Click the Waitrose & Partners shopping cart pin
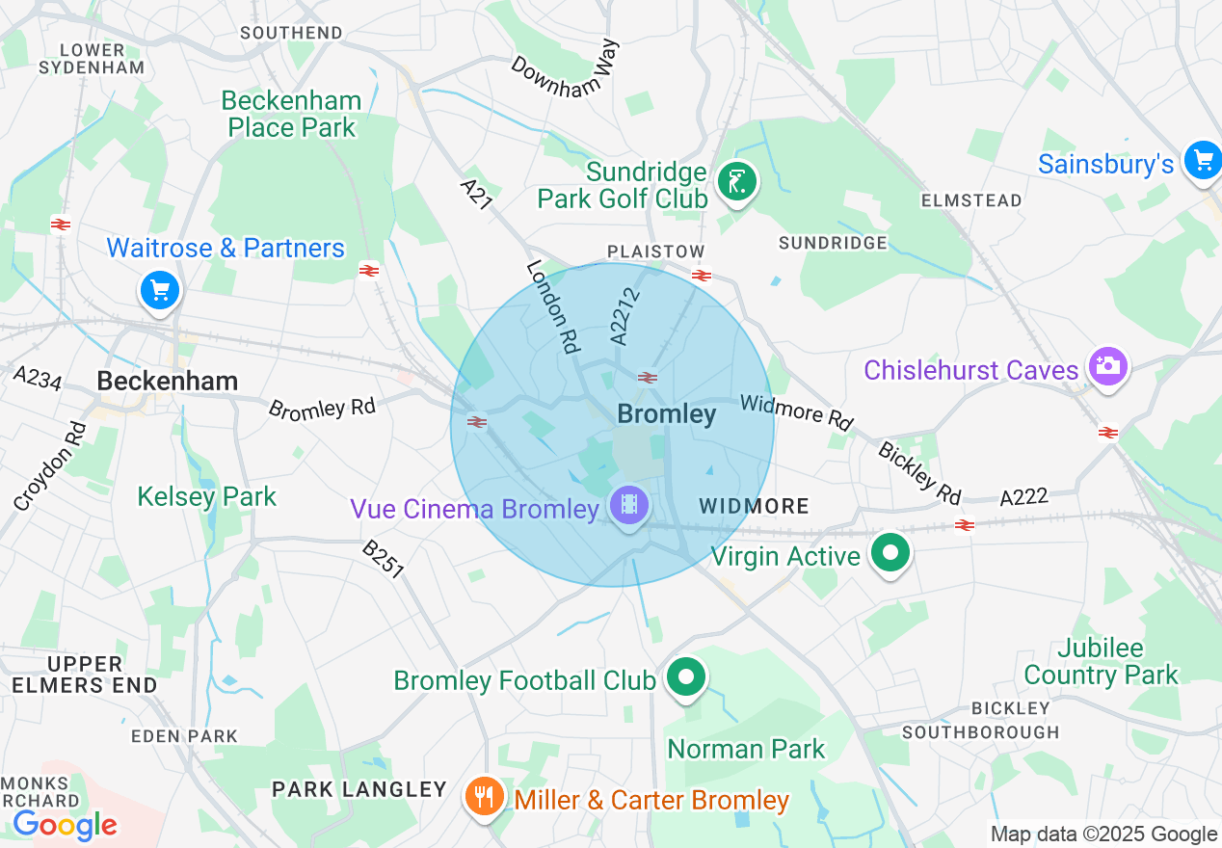coord(160,290)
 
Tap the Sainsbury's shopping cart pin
coord(1204,161)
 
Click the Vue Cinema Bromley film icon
coord(628,504)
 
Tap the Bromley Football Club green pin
coord(686,677)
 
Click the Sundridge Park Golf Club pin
coord(737,180)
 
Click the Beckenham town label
coord(168,382)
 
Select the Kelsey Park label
coord(206,497)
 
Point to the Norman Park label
coord(746,749)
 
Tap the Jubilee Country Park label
coord(1101,661)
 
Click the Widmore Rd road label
coord(797,411)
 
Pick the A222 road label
coord(1023,497)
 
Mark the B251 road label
coord(383,559)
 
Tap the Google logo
coord(65,825)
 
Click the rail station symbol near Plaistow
coord(701,276)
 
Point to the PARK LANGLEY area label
coord(359,790)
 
